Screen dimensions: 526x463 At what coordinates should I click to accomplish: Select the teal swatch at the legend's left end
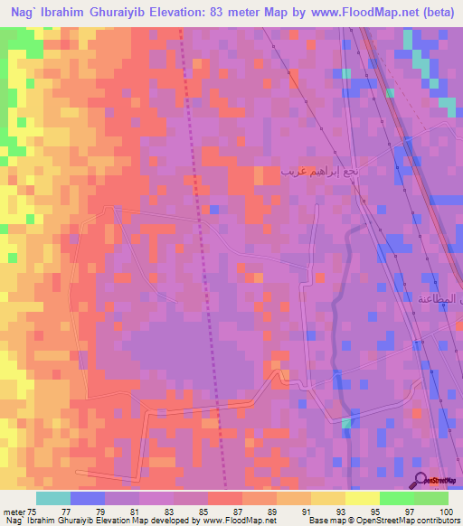coord(53,498)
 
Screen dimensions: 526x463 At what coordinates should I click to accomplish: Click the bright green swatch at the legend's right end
coord(431,498)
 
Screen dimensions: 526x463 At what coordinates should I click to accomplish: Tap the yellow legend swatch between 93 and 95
coord(362,498)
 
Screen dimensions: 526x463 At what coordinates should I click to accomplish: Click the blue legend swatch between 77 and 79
coord(88,498)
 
